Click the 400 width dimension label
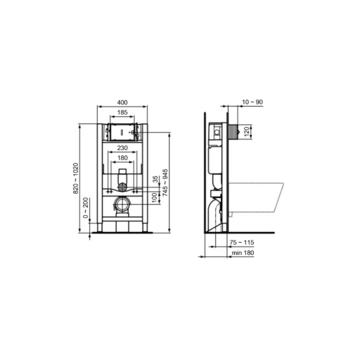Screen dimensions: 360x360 (122, 103)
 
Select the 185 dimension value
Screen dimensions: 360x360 (122, 112)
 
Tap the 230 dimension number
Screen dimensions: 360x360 (122, 148)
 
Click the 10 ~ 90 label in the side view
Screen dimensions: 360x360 (252, 102)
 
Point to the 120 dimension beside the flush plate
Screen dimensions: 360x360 (247, 131)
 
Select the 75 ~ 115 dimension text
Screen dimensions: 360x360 (242, 243)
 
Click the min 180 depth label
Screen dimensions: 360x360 (243, 253)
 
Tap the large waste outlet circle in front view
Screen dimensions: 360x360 (122, 205)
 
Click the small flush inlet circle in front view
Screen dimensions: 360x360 (122, 187)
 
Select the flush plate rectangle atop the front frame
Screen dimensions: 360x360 (122, 132)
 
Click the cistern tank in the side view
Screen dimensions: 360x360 (215, 160)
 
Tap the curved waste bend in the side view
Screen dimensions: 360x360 (216, 214)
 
